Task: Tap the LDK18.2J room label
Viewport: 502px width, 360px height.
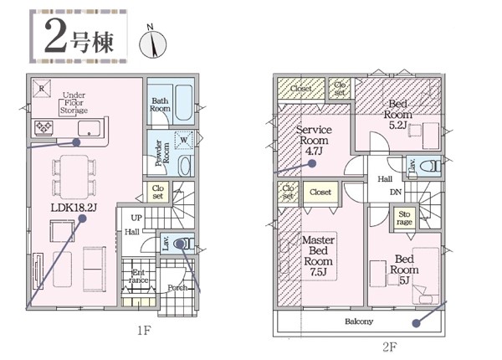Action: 74,208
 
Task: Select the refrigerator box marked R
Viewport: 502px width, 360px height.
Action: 42,89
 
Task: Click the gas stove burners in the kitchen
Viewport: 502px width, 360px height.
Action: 44,127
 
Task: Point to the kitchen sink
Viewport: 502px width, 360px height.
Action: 89,128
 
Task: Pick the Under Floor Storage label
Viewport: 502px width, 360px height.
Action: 74,103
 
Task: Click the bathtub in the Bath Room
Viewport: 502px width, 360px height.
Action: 184,102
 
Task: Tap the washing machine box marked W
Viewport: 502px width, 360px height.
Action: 183,140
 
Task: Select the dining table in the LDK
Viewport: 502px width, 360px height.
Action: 74,177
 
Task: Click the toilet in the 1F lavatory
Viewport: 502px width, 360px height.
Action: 182,244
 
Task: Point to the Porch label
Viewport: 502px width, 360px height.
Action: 177,288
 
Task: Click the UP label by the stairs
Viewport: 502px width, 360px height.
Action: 136,219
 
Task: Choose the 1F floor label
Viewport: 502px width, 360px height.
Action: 144,331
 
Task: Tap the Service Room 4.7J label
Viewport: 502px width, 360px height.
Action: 314,141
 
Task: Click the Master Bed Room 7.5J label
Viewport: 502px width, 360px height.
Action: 319,256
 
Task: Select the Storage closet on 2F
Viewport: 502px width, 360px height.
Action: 404,219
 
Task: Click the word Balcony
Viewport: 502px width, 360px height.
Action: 359,321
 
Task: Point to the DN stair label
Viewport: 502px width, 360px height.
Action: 396,193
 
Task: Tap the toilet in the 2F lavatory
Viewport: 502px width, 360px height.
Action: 430,167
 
